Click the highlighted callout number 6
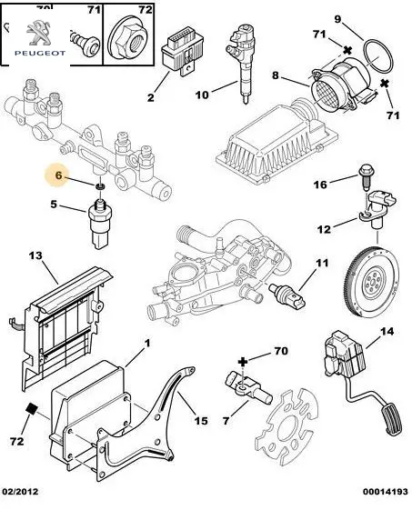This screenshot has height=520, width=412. (58, 175)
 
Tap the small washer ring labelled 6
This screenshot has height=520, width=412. (100, 187)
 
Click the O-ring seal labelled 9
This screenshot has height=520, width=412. (378, 55)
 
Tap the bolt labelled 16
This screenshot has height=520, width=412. (367, 178)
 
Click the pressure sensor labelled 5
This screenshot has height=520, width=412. (99, 224)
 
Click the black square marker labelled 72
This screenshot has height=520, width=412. (31, 409)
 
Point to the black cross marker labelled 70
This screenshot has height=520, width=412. (243, 362)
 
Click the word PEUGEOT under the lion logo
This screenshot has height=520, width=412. (40, 53)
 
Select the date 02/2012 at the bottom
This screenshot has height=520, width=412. (20, 491)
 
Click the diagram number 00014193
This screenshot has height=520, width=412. (385, 491)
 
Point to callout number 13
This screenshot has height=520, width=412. (35, 255)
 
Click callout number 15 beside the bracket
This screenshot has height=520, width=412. (201, 421)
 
